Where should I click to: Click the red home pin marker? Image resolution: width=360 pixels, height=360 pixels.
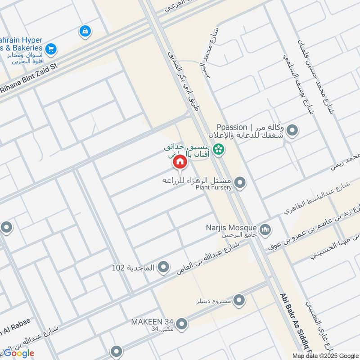click(x=180, y=162)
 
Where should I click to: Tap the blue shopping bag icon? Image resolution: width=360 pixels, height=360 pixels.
click(x=84, y=31)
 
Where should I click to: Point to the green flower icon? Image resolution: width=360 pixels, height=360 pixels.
click(x=219, y=148)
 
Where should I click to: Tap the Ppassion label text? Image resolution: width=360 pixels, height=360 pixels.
click(x=232, y=127)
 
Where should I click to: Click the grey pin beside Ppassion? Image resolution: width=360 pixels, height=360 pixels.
click(x=292, y=131)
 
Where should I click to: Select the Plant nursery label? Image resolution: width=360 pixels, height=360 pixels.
click(x=213, y=187)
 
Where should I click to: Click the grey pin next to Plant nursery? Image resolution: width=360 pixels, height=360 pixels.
click(x=240, y=183)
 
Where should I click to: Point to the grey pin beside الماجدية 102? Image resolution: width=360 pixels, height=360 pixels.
click(x=164, y=268)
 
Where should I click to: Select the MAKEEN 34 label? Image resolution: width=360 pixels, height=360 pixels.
click(x=152, y=322)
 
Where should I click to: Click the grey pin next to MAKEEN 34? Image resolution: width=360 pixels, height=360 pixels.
click(x=182, y=324)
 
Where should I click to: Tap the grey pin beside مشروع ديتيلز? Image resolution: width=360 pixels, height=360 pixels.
click(x=239, y=300)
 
